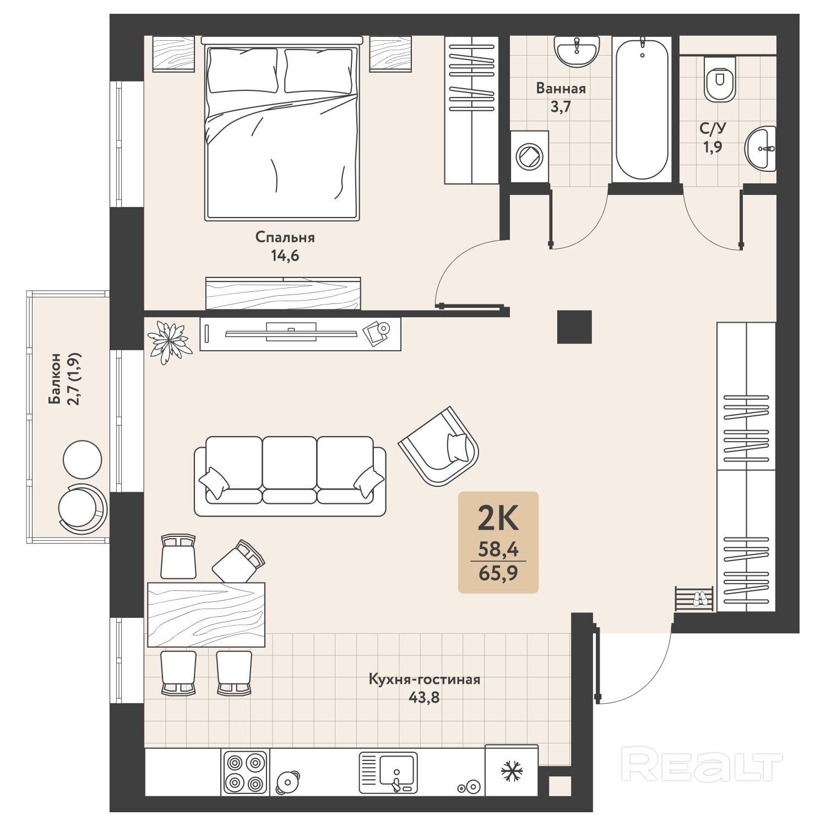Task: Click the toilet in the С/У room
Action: tap(720, 78)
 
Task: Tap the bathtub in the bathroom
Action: tap(642, 109)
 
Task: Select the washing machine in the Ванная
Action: tap(529, 156)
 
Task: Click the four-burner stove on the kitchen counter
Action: tap(245, 772)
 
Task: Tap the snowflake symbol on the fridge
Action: tap(512, 771)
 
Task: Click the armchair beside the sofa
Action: tap(439, 447)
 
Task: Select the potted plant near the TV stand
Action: tap(169, 342)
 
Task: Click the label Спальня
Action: tap(285, 237)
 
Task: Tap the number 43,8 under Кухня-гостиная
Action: tap(424, 698)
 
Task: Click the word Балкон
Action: tap(55, 378)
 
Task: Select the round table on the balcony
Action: tap(83, 460)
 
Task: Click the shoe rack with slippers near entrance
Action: tap(694, 599)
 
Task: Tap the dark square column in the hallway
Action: tap(574, 327)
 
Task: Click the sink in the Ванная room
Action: tap(577, 51)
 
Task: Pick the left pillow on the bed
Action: tap(242, 70)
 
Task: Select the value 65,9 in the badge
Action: tap(498, 574)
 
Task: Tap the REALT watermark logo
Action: tap(702, 764)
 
